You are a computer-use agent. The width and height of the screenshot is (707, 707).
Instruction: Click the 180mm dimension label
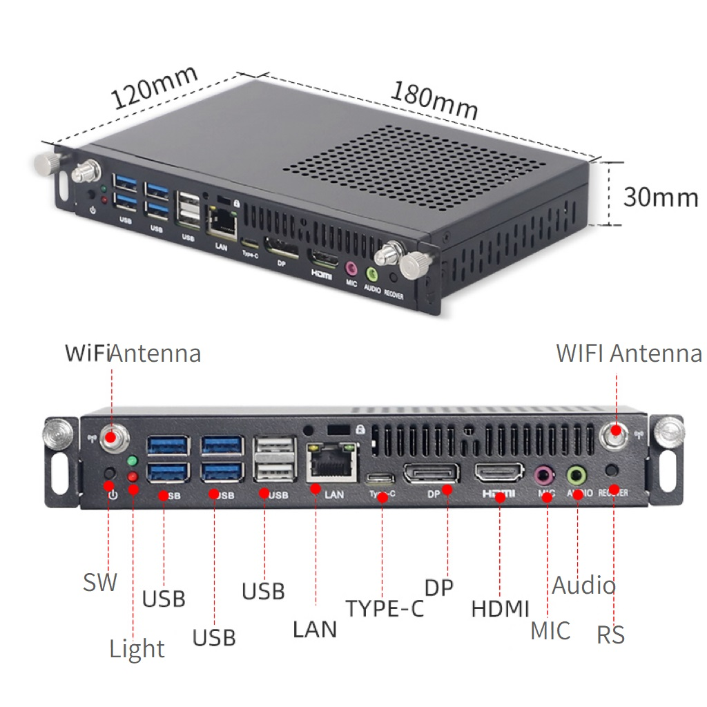pos(434,100)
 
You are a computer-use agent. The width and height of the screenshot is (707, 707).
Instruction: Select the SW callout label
pos(100,581)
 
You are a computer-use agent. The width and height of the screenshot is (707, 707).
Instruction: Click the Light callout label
pos(137,649)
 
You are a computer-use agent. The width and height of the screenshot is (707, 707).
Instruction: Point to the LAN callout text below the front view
pos(315,629)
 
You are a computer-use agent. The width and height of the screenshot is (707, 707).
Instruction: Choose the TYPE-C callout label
pos(385,608)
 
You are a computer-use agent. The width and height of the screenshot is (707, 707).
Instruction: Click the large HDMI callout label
pos(500,609)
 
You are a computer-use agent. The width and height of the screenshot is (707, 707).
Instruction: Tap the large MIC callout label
pos(550,630)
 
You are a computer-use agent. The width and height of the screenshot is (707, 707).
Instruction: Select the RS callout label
pos(610,635)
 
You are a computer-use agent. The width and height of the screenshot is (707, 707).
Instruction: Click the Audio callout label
pos(583,585)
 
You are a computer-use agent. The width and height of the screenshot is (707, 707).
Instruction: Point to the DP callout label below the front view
pos(439,588)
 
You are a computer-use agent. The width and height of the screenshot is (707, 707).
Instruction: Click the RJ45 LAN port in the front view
pos(333,461)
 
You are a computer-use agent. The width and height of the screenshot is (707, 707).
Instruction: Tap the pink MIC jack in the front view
pos(545,474)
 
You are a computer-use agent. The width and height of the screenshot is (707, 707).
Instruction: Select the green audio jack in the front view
pos(577,474)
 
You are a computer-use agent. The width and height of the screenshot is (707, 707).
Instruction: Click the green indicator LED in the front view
pos(133,461)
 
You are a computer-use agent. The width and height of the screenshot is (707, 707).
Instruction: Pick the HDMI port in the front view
pos(498,473)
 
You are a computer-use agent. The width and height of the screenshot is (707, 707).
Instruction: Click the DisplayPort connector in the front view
pos(431,473)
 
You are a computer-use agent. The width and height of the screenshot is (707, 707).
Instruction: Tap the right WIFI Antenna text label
pos(629,353)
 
